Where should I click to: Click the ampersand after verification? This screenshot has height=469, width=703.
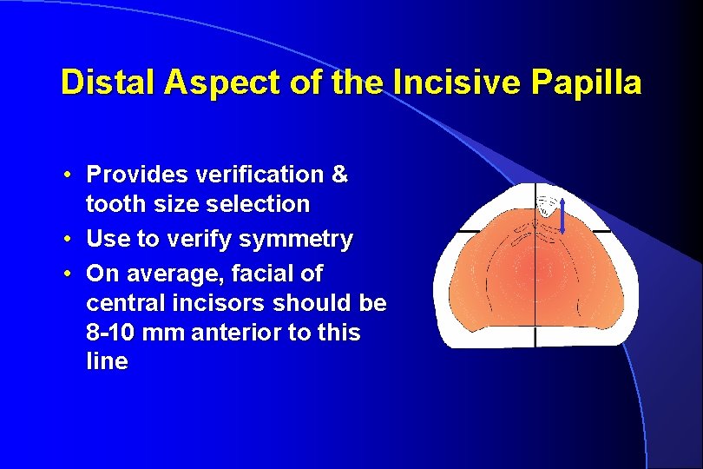(x=340, y=175)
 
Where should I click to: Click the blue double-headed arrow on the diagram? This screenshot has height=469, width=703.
(x=562, y=215)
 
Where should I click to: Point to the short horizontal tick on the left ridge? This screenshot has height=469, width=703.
(x=470, y=231)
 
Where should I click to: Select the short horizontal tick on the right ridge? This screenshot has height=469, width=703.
(x=601, y=231)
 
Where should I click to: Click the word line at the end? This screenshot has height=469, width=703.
(x=107, y=362)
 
